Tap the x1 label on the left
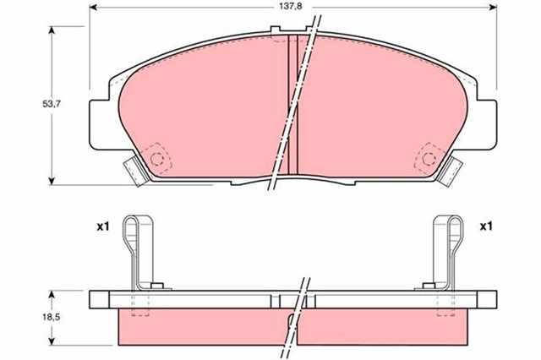pyautogui.click(x=103, y=226)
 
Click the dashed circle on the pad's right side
pyautogui.click(x=427, y=159)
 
